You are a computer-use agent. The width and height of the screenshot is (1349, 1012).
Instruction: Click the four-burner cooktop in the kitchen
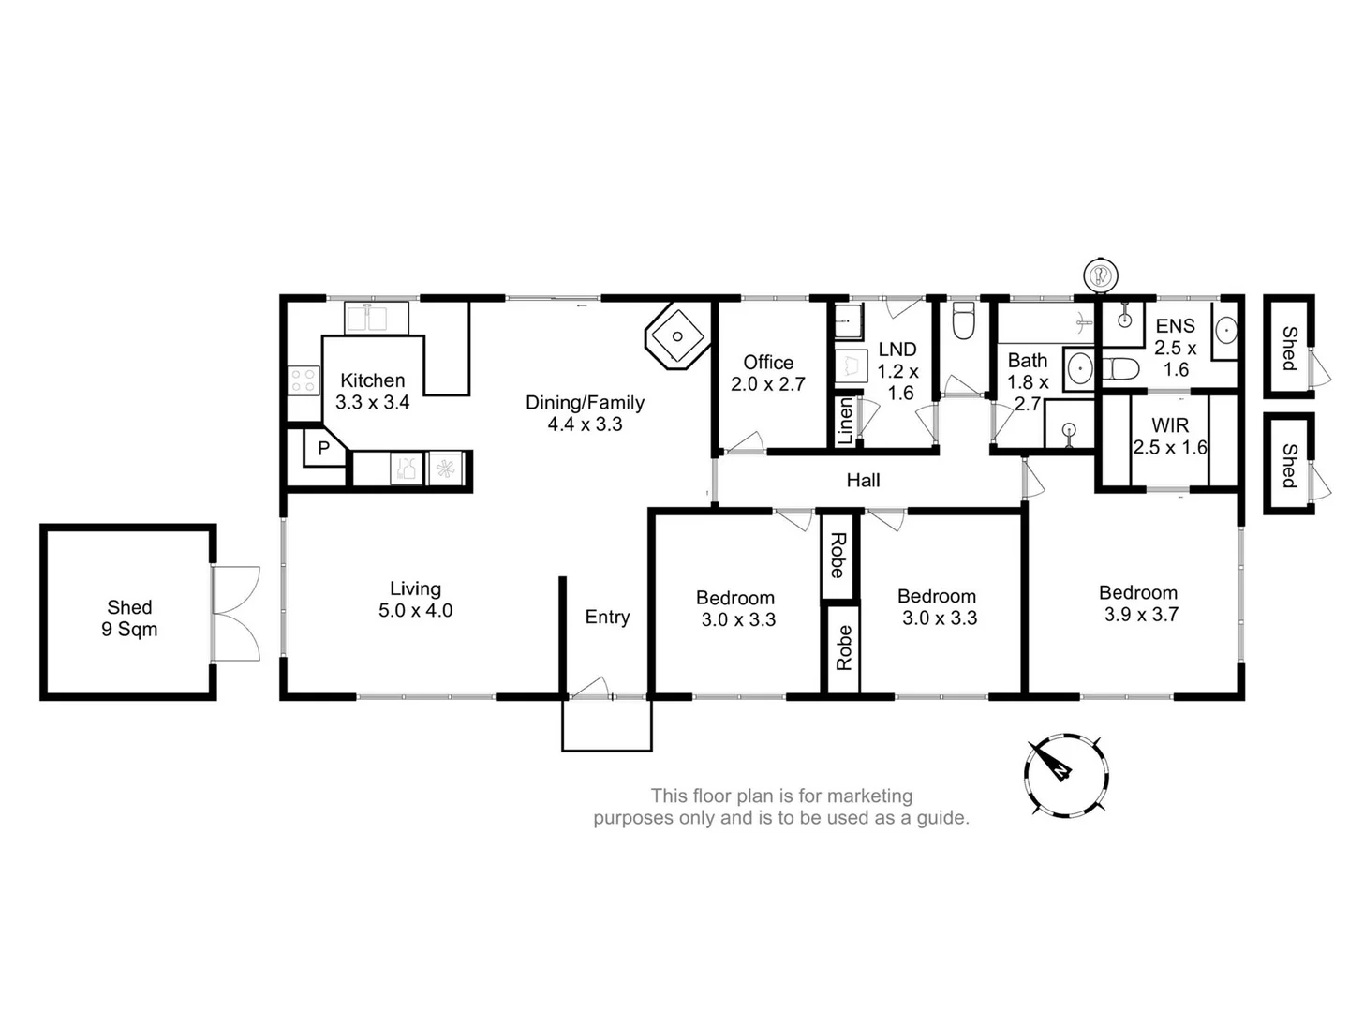pos(304,380)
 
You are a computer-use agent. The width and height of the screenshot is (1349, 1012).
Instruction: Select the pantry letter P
pos(323,449)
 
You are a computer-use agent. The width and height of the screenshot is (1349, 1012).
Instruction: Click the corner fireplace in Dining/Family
pos(676,335)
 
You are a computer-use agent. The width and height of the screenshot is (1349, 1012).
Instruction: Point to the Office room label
pos(768,363)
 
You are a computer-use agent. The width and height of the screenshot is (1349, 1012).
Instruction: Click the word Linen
pos(845,421)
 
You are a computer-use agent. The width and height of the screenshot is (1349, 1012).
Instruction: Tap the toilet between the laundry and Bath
pos(964,320)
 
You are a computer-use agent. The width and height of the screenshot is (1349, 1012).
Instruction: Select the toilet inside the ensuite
pos(1119,368)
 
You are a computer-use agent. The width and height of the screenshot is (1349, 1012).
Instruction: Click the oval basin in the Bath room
pos(1080,368)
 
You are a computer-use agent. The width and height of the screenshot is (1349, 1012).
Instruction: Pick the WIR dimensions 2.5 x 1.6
pos(1170,448)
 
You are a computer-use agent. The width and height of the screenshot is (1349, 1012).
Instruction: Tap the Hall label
pos(863,481)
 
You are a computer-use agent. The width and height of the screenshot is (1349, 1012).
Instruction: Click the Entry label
pos(607,617)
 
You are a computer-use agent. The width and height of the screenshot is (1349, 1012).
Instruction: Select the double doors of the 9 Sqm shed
pos(235,614)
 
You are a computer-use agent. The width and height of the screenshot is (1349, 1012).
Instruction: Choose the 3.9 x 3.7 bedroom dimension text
pos(1140,615)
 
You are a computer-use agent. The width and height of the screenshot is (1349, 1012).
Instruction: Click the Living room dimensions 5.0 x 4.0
pos(415,611)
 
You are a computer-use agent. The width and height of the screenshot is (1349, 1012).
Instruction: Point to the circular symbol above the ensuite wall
pos(1101,275)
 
